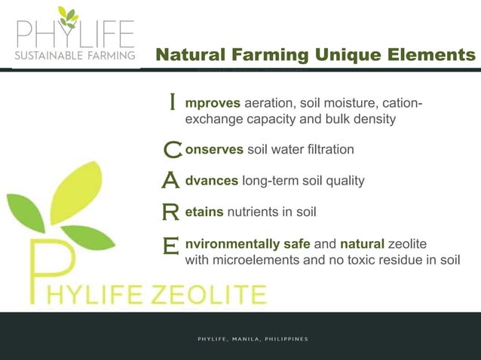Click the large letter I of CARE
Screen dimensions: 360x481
click(x=173, y=101)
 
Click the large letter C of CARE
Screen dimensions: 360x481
click(x=172, y=151)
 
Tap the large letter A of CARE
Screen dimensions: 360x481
click(x=171, y=182)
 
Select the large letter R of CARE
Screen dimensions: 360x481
click(x=171, y=213)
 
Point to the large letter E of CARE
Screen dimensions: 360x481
click(x=171, y=246)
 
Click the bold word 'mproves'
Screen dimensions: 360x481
click(x=213, y=103)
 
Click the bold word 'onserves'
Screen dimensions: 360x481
click(x=214, y=149)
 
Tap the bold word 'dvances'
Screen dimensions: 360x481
click(x=212, y=181)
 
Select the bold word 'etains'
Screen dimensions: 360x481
click(x=204, y=212)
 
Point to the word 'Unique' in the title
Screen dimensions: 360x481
click(x=342, y=55)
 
